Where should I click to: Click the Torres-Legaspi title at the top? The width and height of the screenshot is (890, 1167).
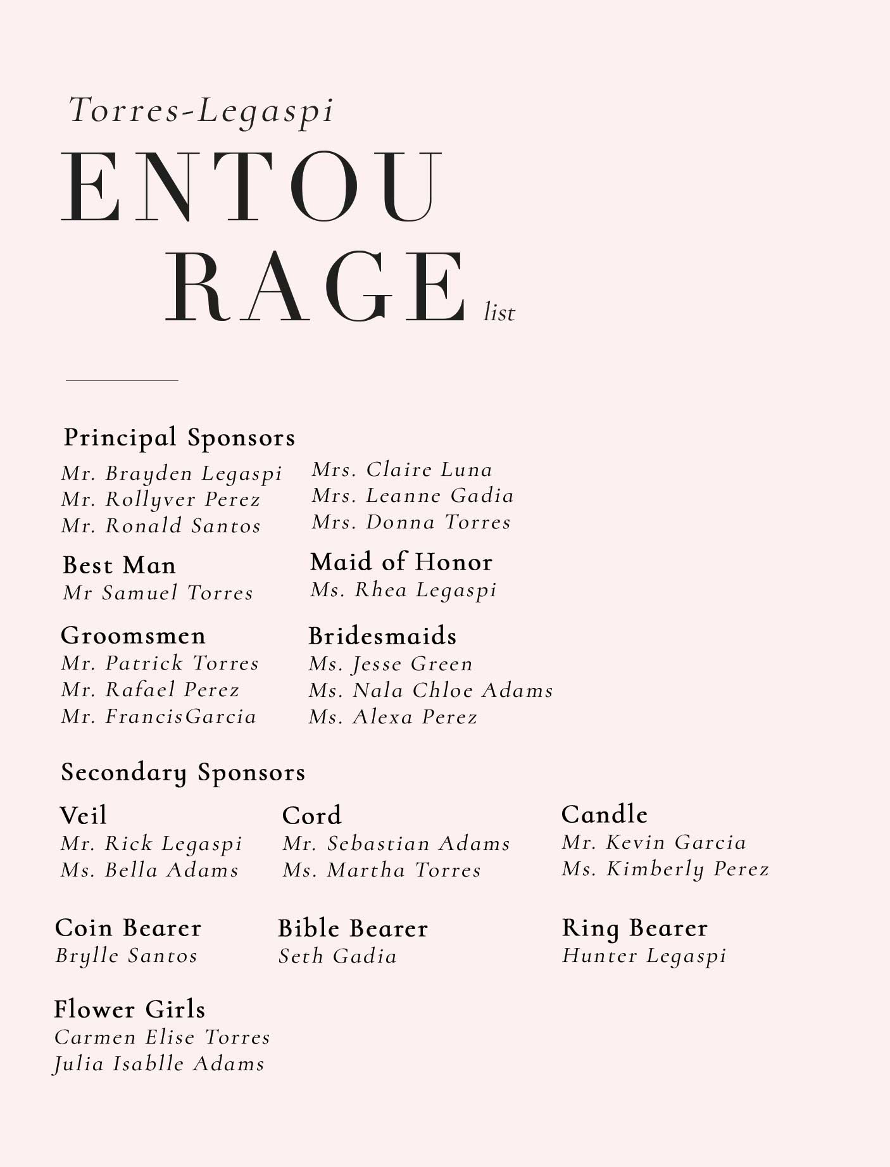[x=201, y=111]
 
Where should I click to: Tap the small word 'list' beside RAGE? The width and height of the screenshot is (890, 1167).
[x=499, y=313]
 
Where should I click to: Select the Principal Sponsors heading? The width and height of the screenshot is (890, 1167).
[x=179, y=437]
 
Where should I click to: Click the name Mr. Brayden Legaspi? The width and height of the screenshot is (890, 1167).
[x=172, y=473]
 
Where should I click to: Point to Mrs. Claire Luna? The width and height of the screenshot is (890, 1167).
[x=402, y=470]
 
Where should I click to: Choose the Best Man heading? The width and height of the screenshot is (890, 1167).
[x=119, y=565]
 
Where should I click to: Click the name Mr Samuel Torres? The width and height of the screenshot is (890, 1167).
[x=158, y=593]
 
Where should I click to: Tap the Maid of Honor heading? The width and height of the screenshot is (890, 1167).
[x=401, y=562]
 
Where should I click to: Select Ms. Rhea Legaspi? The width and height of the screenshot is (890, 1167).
[x=403, y=590]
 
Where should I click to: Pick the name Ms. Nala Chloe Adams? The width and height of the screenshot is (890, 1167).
[x=431, y=690]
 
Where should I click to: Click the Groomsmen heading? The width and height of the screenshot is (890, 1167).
[x=133, y=635]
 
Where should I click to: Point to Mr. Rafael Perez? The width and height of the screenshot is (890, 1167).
[x=151, y=689]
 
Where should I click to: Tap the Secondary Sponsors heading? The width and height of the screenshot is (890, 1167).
[x=183, y=772]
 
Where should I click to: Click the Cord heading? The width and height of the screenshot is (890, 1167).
[x=311, y=815]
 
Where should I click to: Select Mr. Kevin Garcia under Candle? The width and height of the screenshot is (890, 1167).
[x=654, y=842]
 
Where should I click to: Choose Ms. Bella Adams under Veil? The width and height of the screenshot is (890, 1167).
[x=149, y=870]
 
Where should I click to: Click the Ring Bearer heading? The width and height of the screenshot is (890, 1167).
[x=634, y=928]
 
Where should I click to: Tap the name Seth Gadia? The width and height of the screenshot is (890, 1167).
[x=337, y=956]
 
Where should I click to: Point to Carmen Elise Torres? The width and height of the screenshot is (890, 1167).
[x=162, y=1037]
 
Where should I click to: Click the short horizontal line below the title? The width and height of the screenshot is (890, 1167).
[x=122, y=380]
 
